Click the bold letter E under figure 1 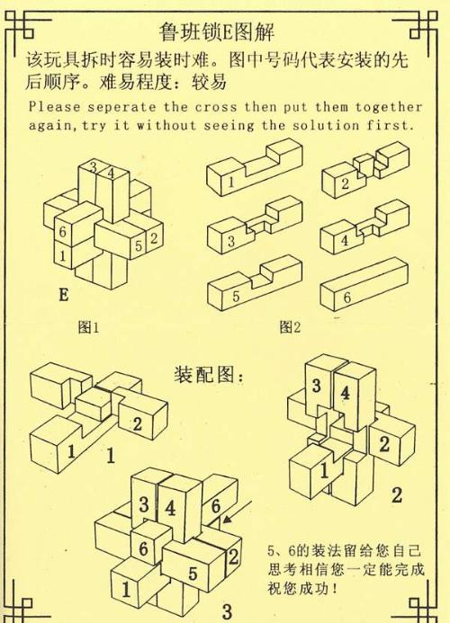tap(63, 293)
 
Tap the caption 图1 tap(88, 328)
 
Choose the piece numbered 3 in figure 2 tap(248, 233)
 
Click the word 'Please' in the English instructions tap(55, 105)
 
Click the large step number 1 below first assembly tap(110, 456)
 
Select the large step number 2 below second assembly tap(397, 493)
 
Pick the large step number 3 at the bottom tap(227, 611)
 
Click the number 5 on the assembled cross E tap(139, 244)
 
